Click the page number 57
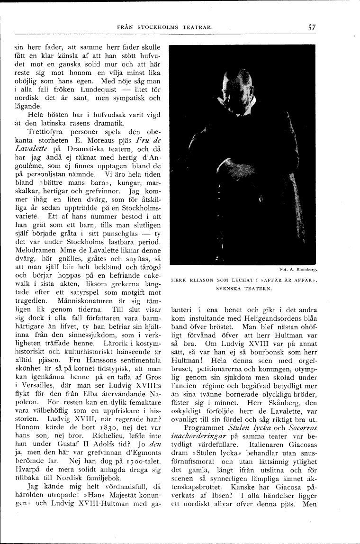click(311, 27)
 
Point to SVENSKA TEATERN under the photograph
click(243, 288)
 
